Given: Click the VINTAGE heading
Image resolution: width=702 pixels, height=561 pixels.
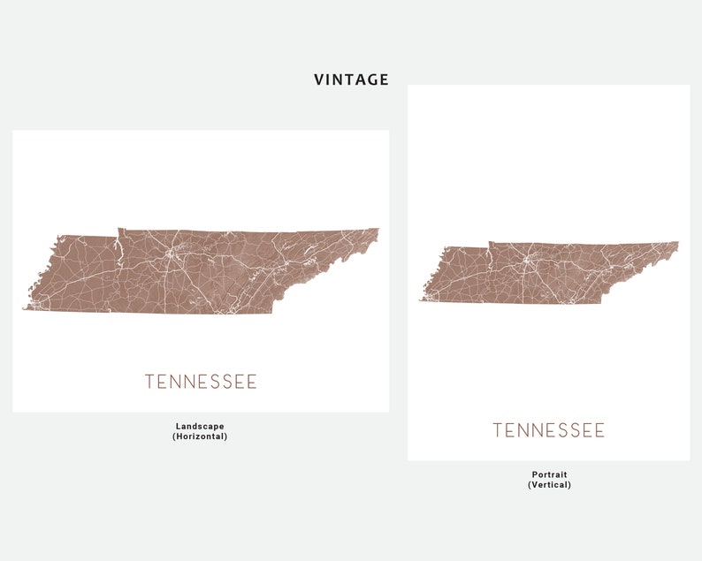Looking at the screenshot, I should pyautogui.click(x=351, y=80).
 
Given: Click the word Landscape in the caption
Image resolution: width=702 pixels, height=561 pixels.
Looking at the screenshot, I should pyautogui.click(x=200, y=426).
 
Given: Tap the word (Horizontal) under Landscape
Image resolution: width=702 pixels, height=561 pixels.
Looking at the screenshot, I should pyautogui.click(x=200, y=436).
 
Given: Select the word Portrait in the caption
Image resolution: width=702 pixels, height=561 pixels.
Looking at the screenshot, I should pyautogui.click(x=549, y=474).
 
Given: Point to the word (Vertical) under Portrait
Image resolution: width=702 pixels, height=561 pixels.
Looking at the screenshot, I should pyautogui.click(x=549, y=485).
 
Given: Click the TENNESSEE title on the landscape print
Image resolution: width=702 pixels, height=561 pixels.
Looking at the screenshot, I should pyautogui.click(x=201, y=382).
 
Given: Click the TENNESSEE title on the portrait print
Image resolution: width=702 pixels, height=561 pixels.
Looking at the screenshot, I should pyautogui.click(x=548, y=430).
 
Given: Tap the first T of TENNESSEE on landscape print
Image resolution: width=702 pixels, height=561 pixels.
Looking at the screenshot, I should pyautogui.click(x=149, y=382).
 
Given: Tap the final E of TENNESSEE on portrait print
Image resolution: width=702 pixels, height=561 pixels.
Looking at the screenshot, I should pyautogui.click(x=600, y=430).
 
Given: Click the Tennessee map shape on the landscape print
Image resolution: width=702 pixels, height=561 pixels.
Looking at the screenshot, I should pyautogui.click(x=203, y=269).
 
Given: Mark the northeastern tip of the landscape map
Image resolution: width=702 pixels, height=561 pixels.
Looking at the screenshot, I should pyautogui.click(x=378, y=230).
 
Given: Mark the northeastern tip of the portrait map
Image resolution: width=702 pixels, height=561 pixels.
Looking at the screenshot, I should pyautogui.click(x=678, y=243).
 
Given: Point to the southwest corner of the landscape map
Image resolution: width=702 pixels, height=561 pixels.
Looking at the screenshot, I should pyautogui.click(x=24, y=308).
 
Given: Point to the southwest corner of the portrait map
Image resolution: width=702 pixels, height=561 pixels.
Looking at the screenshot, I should pyautogui.click(x=421, y=301).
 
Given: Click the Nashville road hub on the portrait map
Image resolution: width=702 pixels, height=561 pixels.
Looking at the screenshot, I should pyautogui.click(x=528, y=262).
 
